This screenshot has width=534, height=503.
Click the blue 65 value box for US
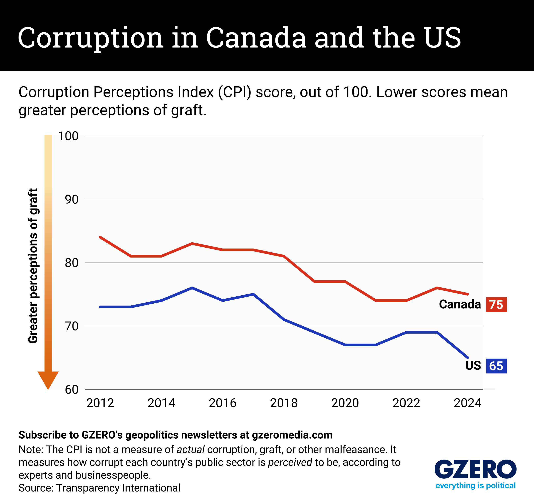496,366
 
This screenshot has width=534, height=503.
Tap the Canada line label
460,304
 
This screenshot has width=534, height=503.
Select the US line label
473,366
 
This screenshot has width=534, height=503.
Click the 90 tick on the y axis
72,199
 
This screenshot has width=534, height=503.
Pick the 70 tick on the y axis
72,326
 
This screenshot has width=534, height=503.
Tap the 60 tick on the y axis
72,390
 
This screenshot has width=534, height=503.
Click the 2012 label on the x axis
100,403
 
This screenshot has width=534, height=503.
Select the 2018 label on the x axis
284,403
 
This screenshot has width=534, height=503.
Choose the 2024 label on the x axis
467,403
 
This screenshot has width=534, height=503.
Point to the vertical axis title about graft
33,266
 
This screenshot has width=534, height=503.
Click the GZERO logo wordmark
475,469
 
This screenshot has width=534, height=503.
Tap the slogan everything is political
475,485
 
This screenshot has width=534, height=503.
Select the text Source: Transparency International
99,488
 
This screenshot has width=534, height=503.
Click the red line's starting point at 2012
100,237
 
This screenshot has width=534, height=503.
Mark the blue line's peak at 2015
192,288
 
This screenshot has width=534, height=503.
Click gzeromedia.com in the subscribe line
292,435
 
